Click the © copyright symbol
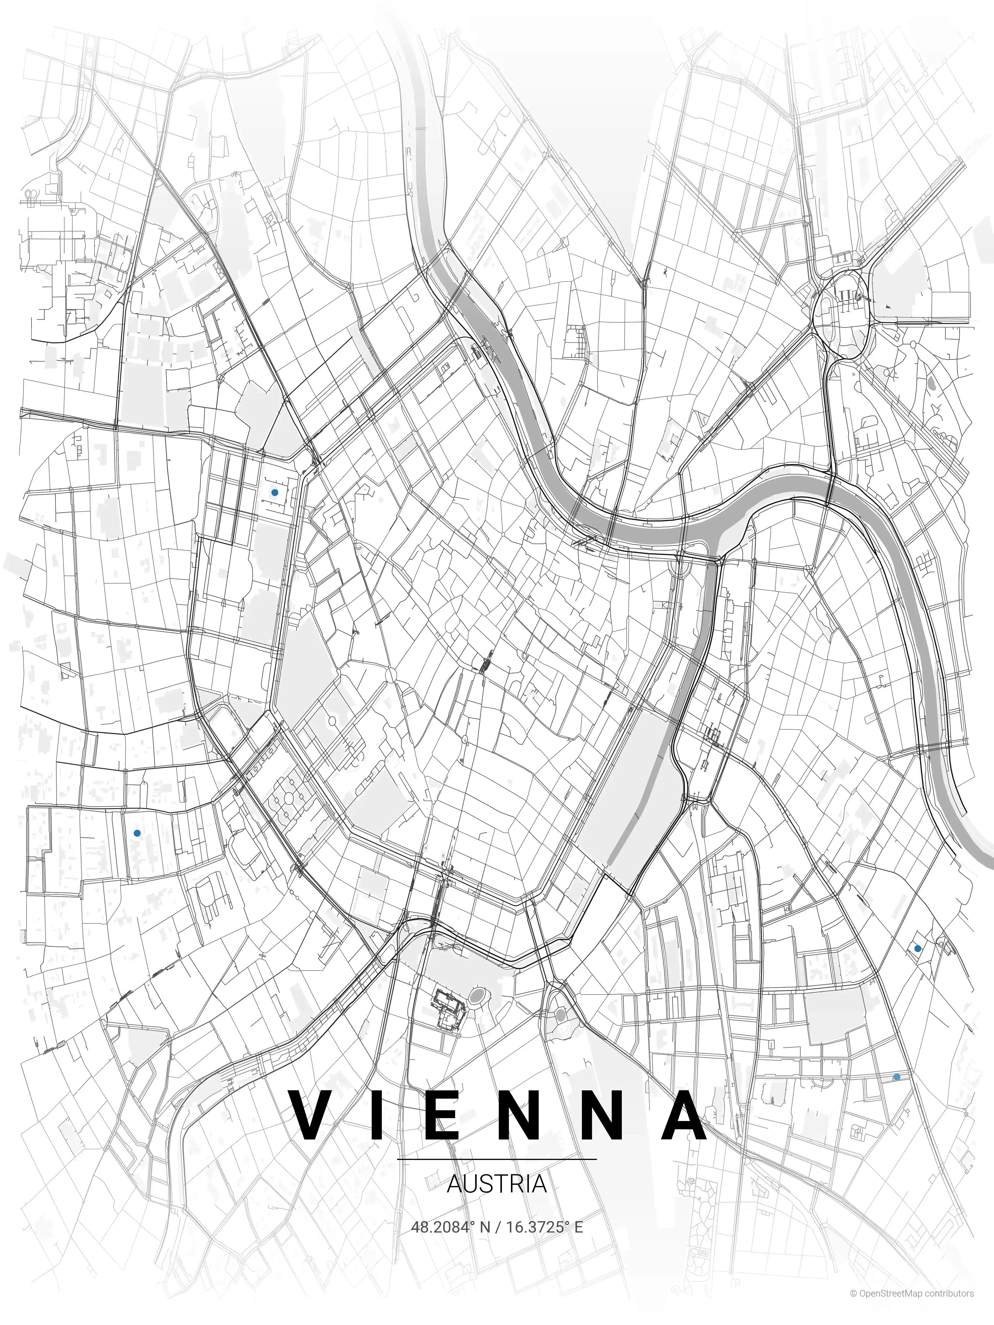click(853, 1306)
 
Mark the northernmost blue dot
click(274, 492)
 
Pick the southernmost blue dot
click(896, 1077)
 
